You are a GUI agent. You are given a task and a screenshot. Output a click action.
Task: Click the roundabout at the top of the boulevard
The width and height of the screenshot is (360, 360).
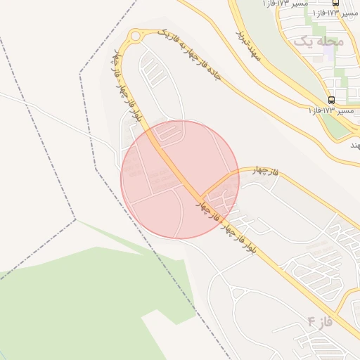[135, 36]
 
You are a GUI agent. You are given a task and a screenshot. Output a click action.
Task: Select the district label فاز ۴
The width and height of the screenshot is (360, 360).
[319, 323]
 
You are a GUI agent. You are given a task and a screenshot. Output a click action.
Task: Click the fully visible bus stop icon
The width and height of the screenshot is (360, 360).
[331, 100]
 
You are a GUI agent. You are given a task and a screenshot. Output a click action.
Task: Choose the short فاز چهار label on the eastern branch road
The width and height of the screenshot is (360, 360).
[262, 173]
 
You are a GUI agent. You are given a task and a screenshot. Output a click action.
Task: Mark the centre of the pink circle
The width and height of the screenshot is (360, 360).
[180, 179]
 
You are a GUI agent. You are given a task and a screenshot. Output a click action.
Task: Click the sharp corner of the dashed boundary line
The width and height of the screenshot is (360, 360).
[75, 219]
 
